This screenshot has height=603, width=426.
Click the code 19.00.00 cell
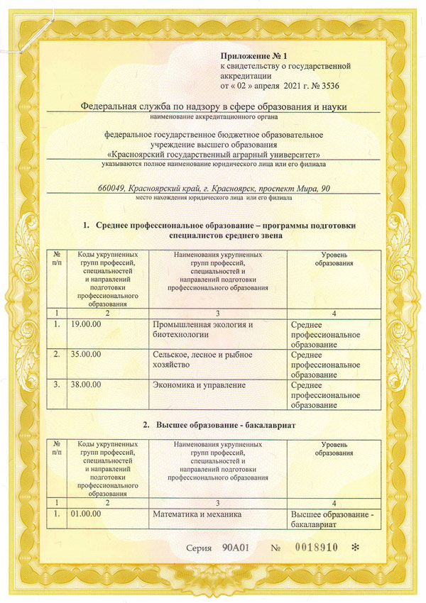pyautogui.click(x=86, y=324)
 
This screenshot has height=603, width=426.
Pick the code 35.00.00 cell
pyautogui.click(x=86, y=355)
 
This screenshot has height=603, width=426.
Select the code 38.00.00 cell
pyautogui.click(x=86, y=385)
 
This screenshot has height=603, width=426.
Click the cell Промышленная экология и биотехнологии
pyautogui.click(x=203, y=329)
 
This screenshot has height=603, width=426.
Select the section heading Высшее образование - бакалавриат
pyautogui.click(x=224, y=424)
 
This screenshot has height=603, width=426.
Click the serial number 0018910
pyautogui.click(x=316, y=548)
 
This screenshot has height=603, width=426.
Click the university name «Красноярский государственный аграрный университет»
pyautogui.click(x=213, y=153)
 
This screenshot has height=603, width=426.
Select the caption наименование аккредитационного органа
pyautogui.click(x=213, y=116)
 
